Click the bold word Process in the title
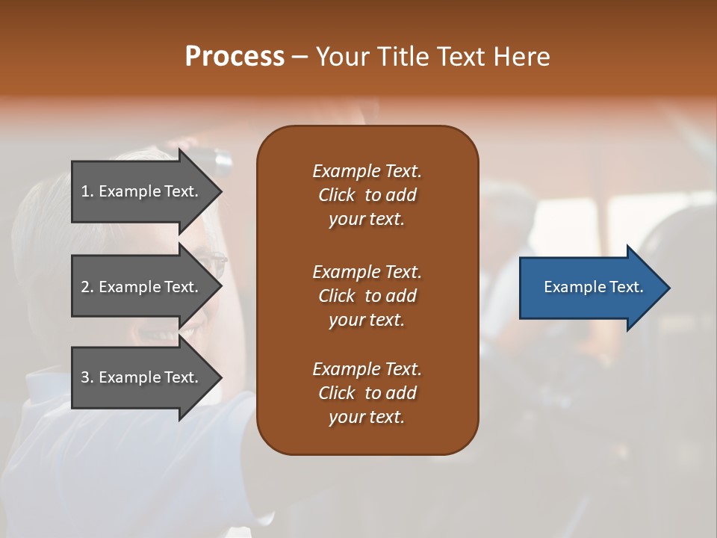tap(235, 57)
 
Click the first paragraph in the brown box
tap(367, 195)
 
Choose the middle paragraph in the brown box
tap(367, 295)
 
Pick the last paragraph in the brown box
tap(367, 393)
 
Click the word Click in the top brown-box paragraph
tap(337, 195)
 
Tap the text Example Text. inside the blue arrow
tap(594, 287)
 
